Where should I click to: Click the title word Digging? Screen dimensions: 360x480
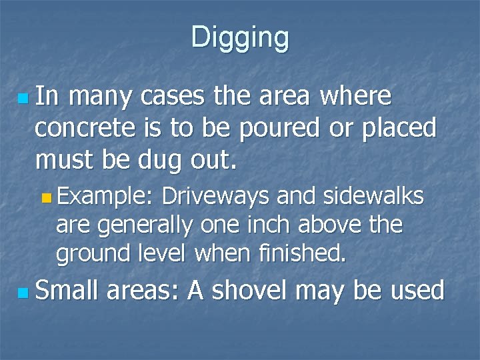pyautogui.click(x=240, y=37)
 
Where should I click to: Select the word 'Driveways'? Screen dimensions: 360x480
pyautogui.click(x=215, y=197)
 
